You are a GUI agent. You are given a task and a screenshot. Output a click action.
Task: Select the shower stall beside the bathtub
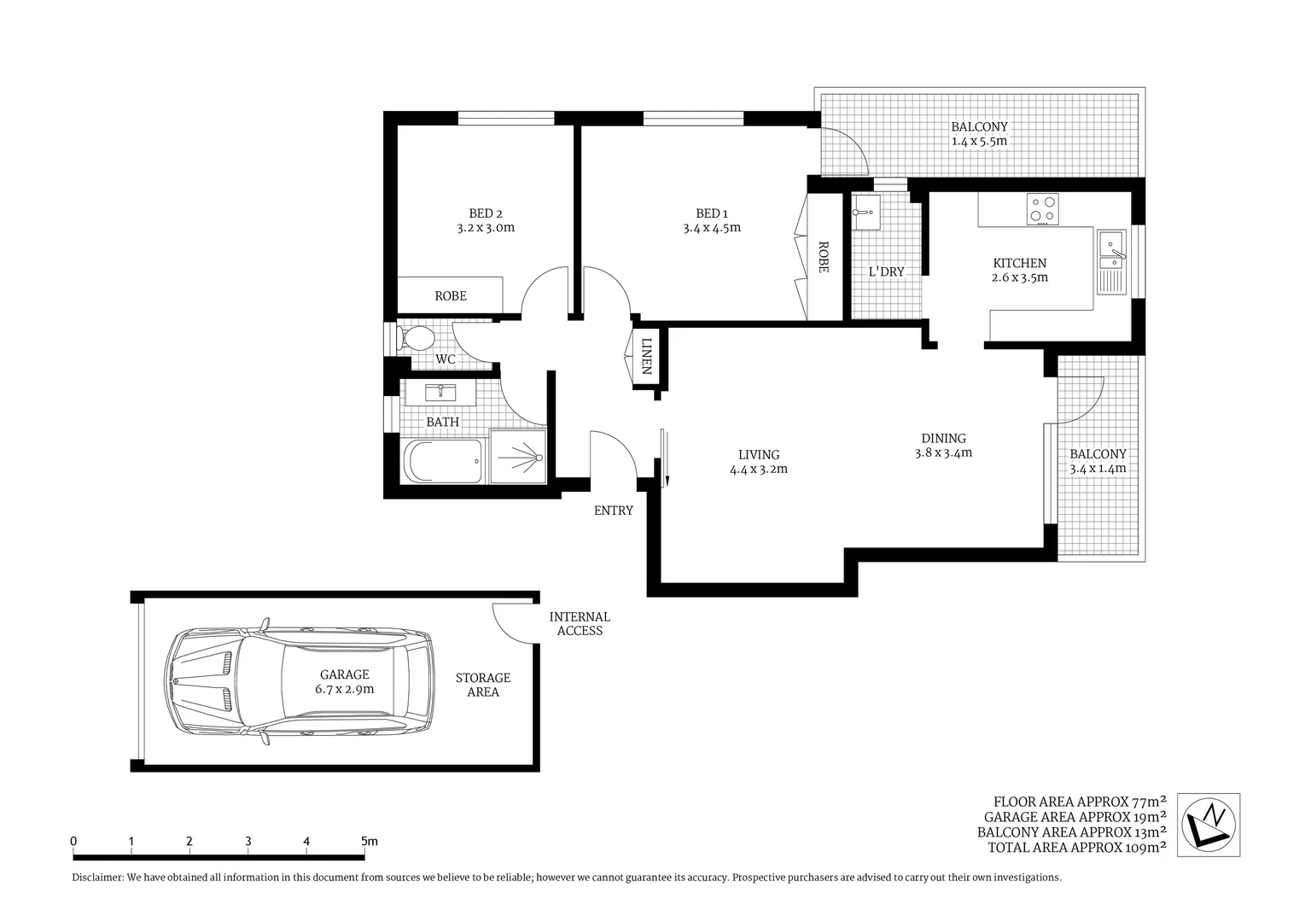(517, 458)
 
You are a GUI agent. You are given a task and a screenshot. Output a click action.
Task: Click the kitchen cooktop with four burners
(1042, 209)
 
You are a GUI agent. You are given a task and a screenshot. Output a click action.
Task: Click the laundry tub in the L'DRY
(865, 212)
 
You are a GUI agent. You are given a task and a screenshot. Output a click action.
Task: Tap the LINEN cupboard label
(646, 357)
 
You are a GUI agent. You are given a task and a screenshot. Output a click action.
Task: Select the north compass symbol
(1208, 825)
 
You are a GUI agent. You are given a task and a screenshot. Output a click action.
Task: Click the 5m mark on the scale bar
(369, 842)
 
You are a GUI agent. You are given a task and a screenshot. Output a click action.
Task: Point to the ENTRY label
(614, 511)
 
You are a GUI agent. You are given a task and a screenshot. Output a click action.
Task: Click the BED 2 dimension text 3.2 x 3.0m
(486, 228)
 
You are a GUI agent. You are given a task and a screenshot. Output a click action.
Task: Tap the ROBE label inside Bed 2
(451, 296)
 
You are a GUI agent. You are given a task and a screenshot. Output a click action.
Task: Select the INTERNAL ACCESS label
(580, 624)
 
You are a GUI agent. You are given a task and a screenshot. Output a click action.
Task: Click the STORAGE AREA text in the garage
(482, 685)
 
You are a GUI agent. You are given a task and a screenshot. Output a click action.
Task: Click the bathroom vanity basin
(441, 393)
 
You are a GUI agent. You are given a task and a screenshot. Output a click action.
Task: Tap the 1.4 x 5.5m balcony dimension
(979, 141)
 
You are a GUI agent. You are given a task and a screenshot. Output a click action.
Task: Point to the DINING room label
(943, 438)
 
